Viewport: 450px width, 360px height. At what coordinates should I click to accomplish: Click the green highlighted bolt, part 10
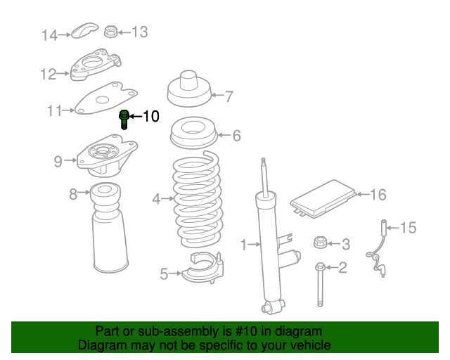pos(124,119)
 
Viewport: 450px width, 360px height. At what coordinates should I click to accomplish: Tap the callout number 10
pos(151,116)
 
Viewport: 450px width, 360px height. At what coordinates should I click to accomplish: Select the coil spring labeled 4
pos(197,199)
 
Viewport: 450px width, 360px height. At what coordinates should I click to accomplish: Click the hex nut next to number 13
pos(111,32)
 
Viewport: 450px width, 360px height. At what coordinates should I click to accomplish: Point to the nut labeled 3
pos(321,242)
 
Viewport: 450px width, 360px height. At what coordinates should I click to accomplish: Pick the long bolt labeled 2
pos(320,284)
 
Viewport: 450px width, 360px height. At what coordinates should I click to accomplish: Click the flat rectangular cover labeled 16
pos(323,199)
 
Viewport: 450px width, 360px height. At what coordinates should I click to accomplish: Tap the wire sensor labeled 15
pos(378,249)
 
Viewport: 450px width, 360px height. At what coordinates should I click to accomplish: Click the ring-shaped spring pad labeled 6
pos(194,133)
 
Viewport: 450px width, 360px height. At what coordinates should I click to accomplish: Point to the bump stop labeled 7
pos(189,89)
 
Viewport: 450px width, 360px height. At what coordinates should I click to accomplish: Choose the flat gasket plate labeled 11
pos(105,98)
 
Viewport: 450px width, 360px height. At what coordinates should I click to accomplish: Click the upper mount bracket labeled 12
pos(96,64)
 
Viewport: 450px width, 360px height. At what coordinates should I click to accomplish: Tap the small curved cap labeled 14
pos(84,30)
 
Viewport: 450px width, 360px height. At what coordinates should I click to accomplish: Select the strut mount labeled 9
pos(107,156)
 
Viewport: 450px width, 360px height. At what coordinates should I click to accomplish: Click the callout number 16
pos(378,195)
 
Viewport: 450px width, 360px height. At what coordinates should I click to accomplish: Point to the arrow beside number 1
pos(255,244)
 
